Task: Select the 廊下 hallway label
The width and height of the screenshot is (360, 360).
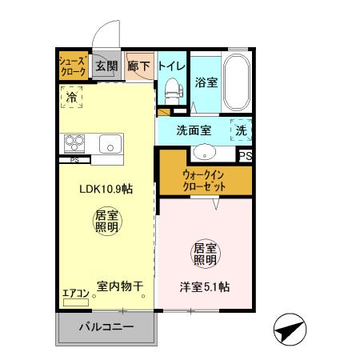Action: pyautogui.click(x=138, y=66)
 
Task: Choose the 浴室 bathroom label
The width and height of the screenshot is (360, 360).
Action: pyautogui.click(x=206, y=82)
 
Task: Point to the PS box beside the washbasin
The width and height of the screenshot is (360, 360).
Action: pyautogui.click(x=246, y=156)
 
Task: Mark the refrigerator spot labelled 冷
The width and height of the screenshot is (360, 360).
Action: pyautogui.click(x=72, y=98)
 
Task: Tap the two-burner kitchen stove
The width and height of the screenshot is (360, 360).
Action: pyautogui.click(x=74, y=144)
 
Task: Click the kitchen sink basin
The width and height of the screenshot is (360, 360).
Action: pyautogui.click(x=110, y=144)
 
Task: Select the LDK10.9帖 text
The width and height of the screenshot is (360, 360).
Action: pyautogui.click(x=106, y=190)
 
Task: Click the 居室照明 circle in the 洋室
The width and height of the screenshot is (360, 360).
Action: pyautogui.click(x=205, y=254)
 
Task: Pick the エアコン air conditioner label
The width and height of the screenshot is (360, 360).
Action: pyautogui.click(x=75, y=293)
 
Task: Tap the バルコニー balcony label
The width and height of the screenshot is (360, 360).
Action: pyautogui.click(x=105, y=326)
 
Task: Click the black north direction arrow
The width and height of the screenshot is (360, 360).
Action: pyautogui.click(x=291, y=328)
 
